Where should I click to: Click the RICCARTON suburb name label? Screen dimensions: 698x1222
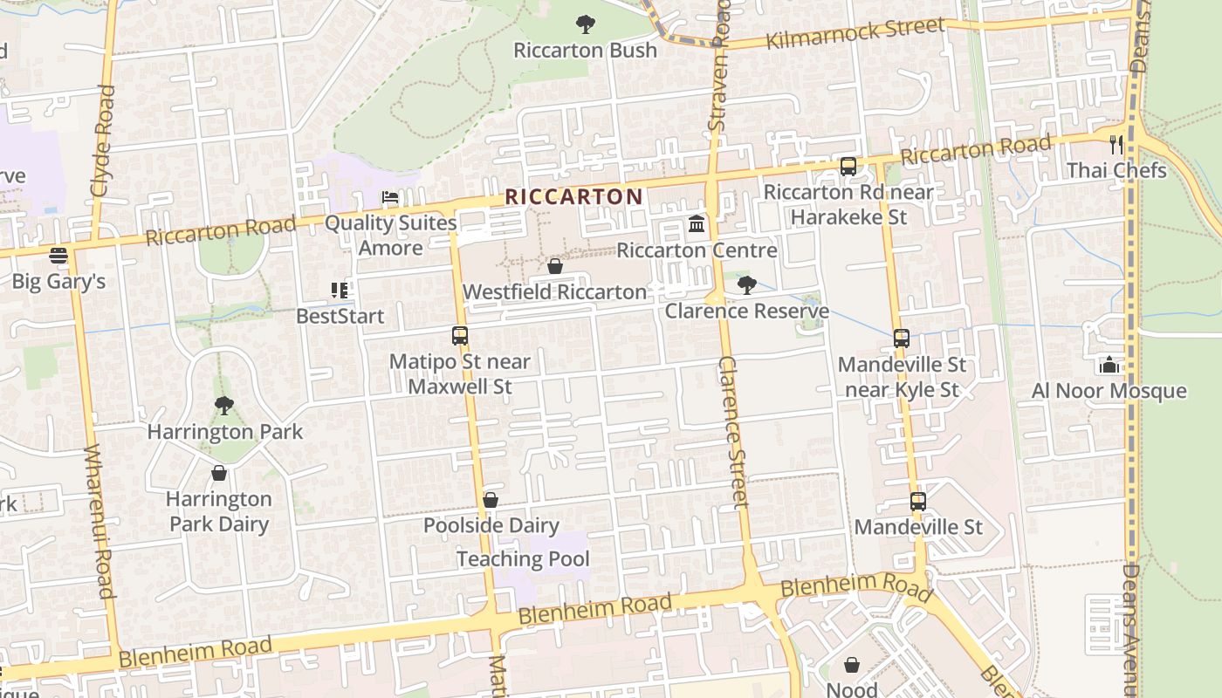tap(573, 196)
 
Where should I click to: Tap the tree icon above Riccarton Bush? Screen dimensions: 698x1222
tap(586, 24)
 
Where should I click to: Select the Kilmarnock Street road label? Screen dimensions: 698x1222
tap(855, 34)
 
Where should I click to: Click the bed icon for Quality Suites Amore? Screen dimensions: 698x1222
tap(390, 198)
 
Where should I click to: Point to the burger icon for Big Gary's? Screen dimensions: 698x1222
tap(58, 256)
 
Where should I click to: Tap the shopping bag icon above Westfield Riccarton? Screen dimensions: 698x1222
tap(554, 266)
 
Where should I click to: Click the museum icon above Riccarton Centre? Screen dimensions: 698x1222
tap(697, 225)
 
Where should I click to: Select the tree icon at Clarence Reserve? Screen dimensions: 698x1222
tap(746, 284)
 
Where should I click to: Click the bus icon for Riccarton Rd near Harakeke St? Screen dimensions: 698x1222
tap(848, 166)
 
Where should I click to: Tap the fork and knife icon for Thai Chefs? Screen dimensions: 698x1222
tap(1116, 144)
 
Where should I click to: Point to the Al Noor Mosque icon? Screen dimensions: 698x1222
tap(1109, 365)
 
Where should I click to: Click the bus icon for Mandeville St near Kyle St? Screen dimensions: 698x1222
tap(902, 338)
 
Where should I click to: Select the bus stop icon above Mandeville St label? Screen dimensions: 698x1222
tap(917, 502)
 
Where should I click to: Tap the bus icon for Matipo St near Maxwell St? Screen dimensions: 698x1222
tap(459, 335)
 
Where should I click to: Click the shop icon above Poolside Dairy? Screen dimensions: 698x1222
tap(491, 500)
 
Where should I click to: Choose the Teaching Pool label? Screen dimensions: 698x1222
tap(523, 559)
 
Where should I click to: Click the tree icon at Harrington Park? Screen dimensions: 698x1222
tap(224, 406)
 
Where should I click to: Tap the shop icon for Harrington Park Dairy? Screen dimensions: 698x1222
tap(219, 473)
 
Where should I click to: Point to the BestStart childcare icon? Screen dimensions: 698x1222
tap(340, 290)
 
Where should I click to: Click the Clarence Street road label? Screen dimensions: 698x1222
tap(735, 432)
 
